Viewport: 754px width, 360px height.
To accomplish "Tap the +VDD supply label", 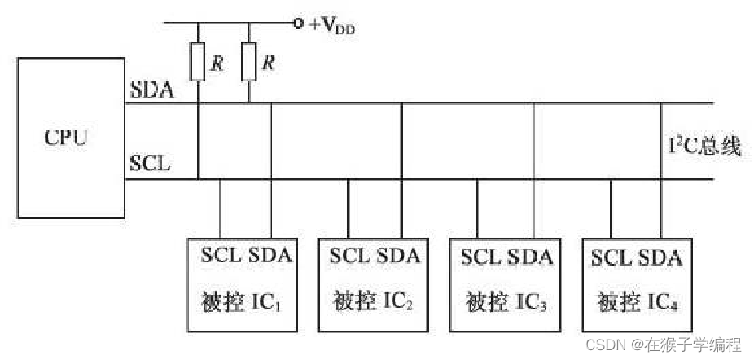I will pos(331,25).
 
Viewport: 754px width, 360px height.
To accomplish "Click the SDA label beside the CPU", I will pos(151,90).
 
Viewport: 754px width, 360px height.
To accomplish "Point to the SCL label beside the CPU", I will pos(150,163).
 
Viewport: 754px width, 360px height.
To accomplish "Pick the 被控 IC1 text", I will pos(243,303).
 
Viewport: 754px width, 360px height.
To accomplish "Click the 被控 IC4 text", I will pos(638,303).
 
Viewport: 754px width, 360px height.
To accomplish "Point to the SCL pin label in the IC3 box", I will pos(482,257).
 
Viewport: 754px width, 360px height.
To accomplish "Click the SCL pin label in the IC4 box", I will pos(612,257).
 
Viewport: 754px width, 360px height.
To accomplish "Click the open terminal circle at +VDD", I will pos(299,24).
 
